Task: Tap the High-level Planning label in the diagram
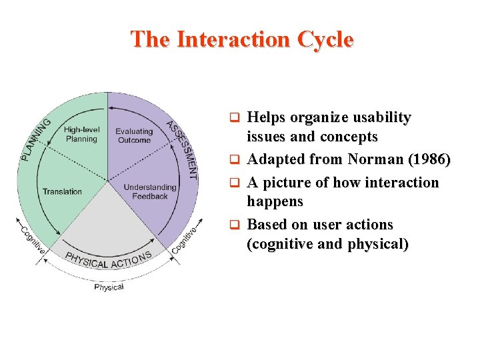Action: point(81,134)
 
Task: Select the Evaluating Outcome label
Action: point(133,135)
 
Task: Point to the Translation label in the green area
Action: point(62,192)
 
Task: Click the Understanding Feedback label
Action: point(150,192)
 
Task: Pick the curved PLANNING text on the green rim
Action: point(37,139)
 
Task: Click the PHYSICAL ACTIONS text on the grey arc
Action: point(108,259)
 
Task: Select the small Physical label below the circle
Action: point(109,287)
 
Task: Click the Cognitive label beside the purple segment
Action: point(185,240)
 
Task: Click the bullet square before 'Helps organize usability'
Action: point(235,119)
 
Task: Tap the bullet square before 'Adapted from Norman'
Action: point(235,161)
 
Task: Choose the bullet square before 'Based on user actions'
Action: point(235,225)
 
